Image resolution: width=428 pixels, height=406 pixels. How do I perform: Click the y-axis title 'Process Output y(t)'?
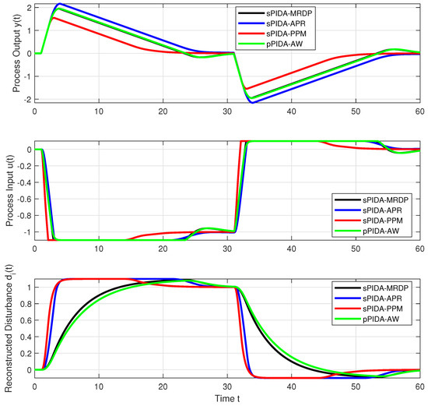16,53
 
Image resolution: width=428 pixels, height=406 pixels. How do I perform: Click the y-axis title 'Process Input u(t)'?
16,189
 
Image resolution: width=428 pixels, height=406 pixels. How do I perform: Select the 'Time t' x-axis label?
227,399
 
